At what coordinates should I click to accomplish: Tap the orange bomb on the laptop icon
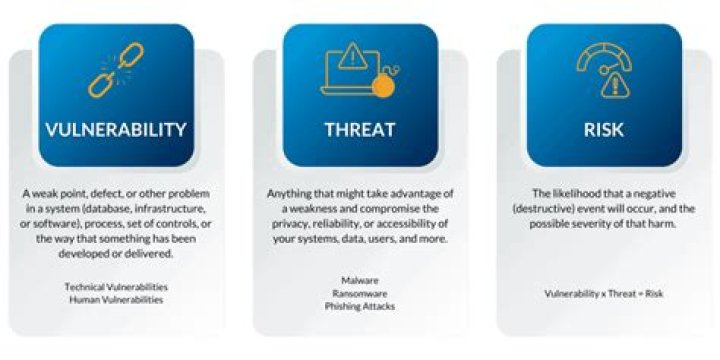point(382,89)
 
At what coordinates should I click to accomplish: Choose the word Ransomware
point(360,294)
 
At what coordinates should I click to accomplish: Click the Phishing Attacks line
point(360,306)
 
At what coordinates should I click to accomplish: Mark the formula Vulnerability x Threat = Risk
point(603,293)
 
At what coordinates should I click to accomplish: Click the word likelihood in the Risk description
point(579,193)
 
